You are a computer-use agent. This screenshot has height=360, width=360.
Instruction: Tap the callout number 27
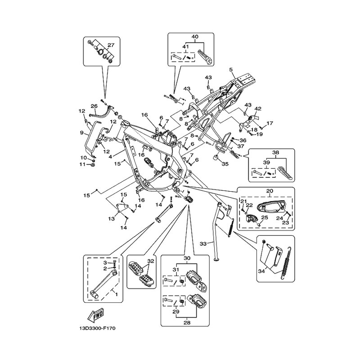(x=111, y=45)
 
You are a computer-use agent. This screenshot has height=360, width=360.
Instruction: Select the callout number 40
(x=195, y=36)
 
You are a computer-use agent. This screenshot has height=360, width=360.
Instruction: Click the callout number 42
(x=258, y=108)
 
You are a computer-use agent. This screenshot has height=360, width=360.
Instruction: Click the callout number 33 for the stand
(x=203, y=243)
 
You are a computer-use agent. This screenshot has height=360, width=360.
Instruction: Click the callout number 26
(x=94, y=106)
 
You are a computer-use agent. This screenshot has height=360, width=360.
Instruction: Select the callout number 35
(x=225, y=164)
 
